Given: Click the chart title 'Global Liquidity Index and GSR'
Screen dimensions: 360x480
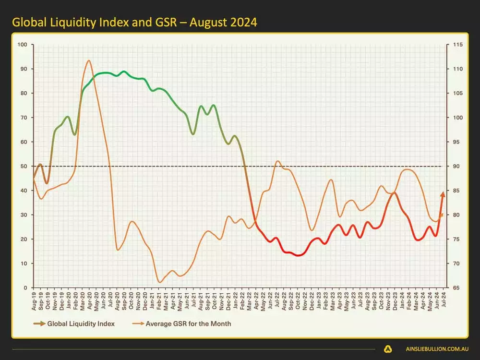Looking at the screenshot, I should [134, 23].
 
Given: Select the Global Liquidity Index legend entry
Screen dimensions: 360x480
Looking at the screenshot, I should [81, 324].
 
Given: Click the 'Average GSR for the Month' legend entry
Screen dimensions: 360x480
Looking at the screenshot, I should [189, 324].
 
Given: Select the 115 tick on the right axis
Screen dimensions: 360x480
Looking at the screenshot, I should [454, 45].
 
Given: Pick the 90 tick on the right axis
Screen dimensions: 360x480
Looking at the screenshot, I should [453, 167].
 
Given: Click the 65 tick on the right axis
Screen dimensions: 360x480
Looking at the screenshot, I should [453, 288].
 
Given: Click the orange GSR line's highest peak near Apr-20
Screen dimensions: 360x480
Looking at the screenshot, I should [89, 60].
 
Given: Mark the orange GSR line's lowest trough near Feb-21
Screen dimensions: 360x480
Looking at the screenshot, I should [159, 282].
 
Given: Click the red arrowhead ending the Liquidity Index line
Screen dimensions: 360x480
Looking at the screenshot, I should [443, 193].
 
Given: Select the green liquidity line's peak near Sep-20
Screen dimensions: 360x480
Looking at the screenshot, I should [124, 72].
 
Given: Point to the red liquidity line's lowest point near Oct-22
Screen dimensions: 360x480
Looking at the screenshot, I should [299, 255].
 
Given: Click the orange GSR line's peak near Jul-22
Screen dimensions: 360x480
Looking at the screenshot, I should [277, 161].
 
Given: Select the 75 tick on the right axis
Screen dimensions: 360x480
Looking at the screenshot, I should [453, 239].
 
